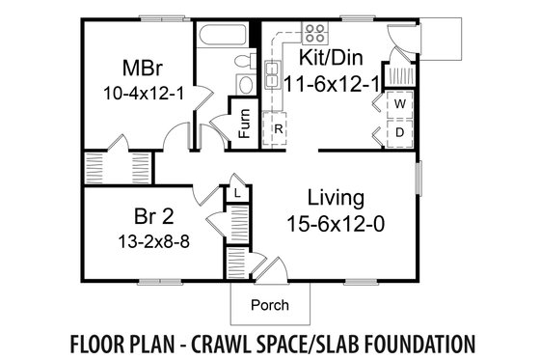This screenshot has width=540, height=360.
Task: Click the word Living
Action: point(336,198)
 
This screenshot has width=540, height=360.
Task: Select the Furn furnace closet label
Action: point(244,127)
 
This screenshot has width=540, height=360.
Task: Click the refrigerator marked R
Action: point(277,127)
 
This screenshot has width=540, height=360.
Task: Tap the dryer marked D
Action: point(396,128)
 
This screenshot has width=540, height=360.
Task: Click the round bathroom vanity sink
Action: point(244,86)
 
